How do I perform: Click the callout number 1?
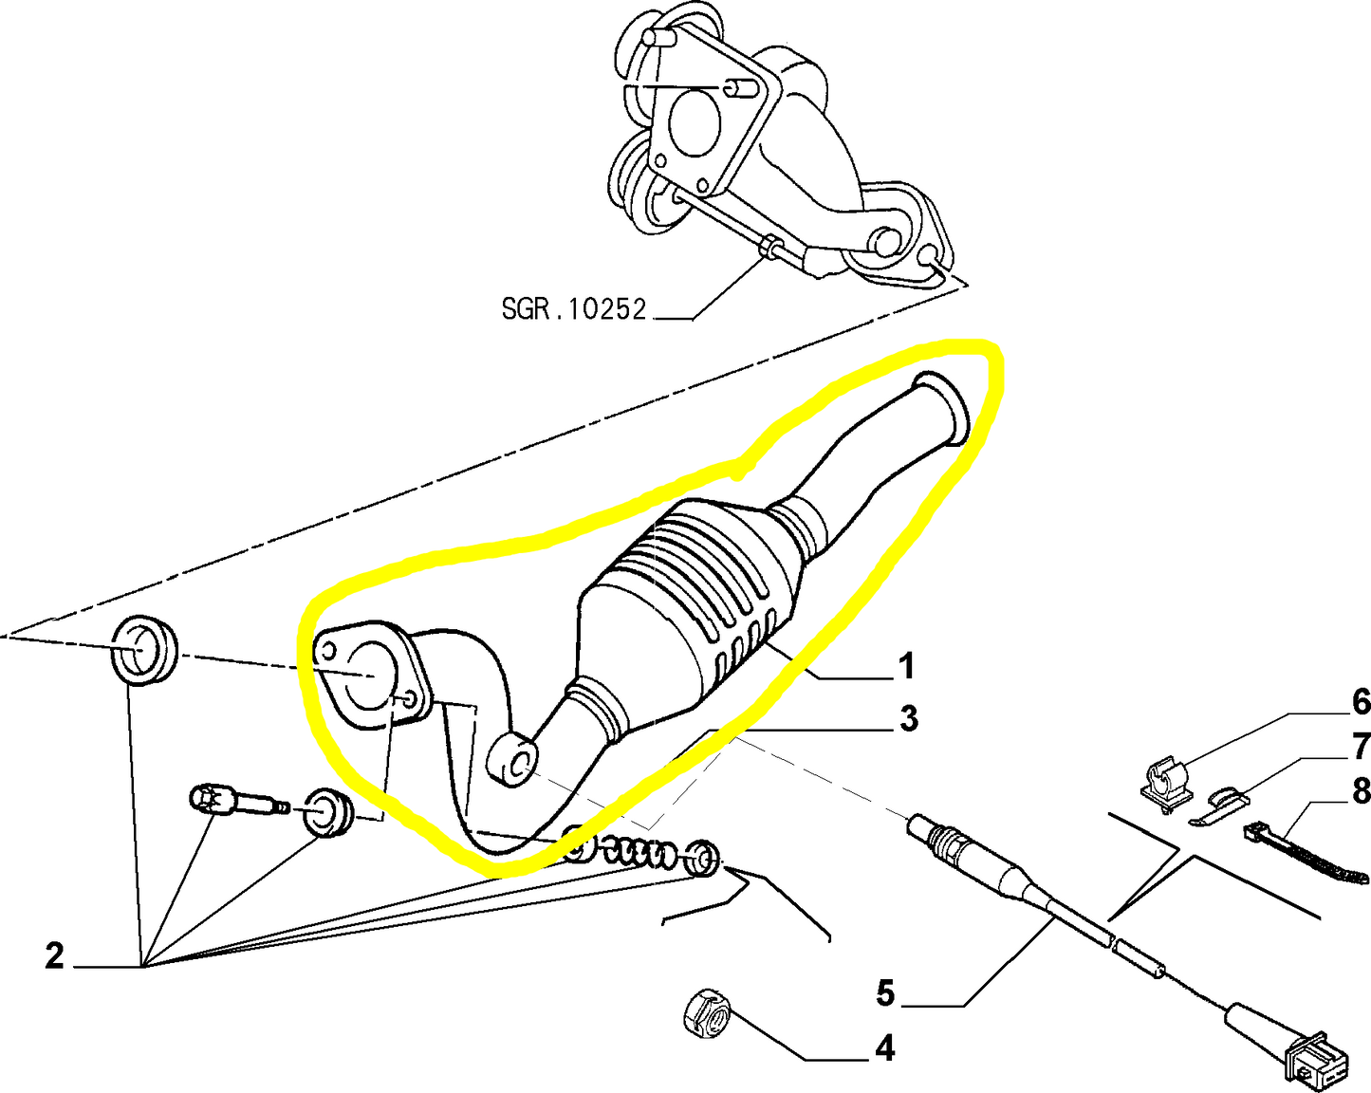[906, 666]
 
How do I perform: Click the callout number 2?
[54, 955]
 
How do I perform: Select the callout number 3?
[908, 719]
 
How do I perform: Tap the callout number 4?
[884, 1048]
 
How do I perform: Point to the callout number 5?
[884, 993]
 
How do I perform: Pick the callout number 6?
[1361, 702]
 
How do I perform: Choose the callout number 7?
[1361, 746]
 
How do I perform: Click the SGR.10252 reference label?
[573, 308]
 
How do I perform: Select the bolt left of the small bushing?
[237, 802]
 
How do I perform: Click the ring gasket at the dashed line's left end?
[144, 649]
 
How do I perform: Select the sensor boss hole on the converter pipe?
[512, 760]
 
